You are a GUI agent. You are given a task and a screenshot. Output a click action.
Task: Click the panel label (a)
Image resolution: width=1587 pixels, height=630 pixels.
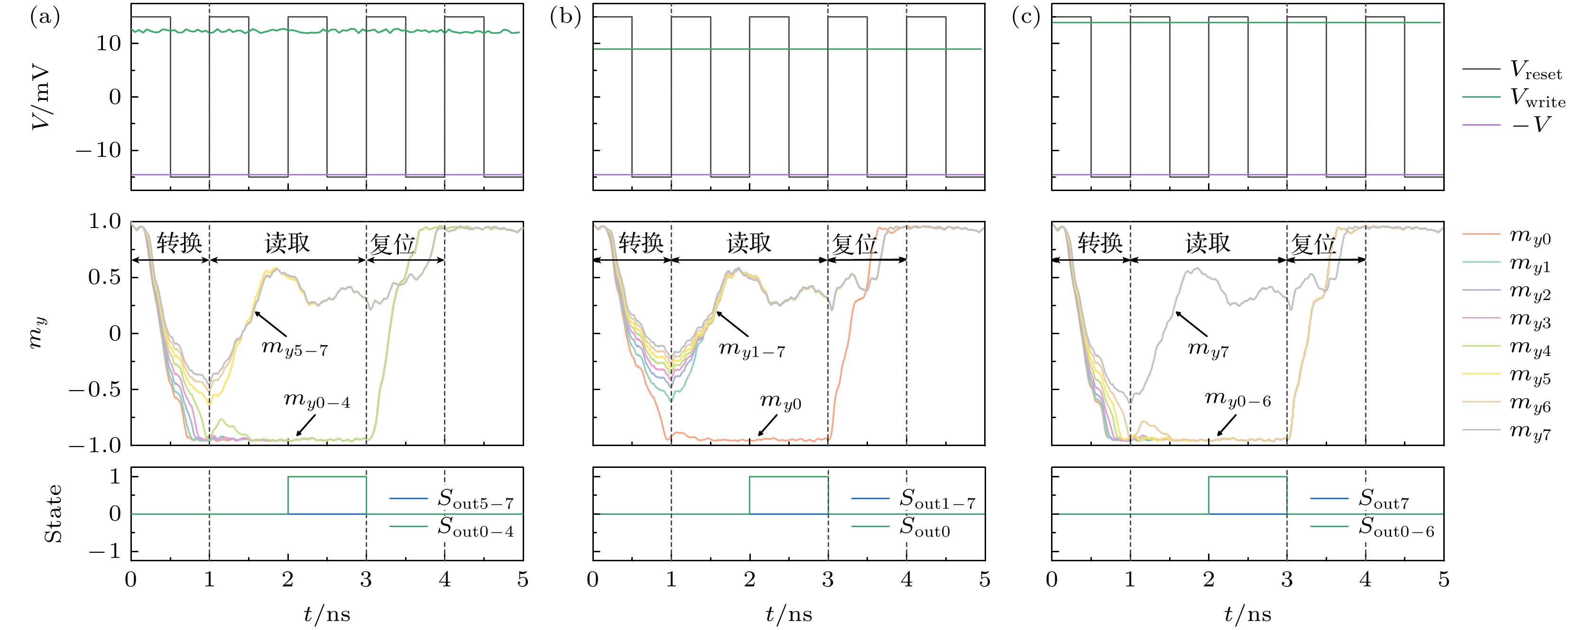45,17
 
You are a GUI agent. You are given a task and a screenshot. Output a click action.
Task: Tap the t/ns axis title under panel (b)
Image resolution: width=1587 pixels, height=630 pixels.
789,614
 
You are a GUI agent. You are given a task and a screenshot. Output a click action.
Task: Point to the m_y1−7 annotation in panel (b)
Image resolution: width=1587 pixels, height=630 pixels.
752,350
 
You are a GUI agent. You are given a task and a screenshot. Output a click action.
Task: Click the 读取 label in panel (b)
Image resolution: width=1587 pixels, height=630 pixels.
749,243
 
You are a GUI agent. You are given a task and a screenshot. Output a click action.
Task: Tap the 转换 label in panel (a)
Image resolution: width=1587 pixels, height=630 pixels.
179,243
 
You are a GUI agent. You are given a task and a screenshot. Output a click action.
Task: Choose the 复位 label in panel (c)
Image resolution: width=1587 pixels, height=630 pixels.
1313,245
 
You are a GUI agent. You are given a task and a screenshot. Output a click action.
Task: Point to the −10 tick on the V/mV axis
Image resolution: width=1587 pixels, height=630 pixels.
98,150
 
